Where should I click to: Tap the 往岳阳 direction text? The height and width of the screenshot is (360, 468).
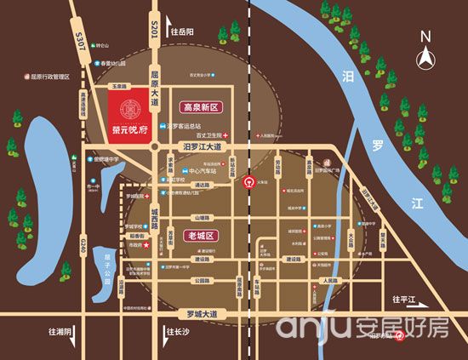click(x=183, y=31)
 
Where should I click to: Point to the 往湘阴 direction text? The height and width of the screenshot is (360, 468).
click(x=61, y=332)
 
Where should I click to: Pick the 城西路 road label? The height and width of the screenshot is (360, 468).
click(x=154, y=217)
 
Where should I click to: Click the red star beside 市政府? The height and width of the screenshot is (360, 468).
click(x=146, y=245)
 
